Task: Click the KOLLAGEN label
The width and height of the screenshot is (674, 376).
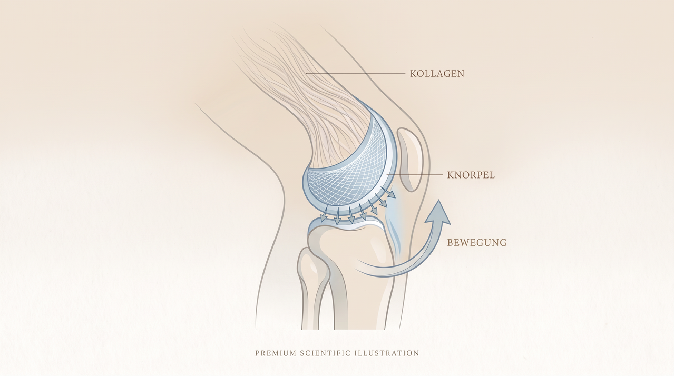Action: click(x=437, y=74)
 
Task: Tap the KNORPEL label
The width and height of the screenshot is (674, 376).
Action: click(x=471, y=175)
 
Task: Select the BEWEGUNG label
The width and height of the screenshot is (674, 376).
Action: click(x=477, y=242)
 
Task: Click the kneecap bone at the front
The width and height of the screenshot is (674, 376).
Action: click(x=409, y=160)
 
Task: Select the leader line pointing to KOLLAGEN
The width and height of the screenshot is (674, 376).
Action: click(x=355, y=73)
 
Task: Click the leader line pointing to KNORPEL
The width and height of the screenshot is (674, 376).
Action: click(x=414, y=175)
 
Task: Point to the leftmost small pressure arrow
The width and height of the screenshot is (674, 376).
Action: click(x=324, y=214)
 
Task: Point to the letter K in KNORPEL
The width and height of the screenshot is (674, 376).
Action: click(x=450, y=175)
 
